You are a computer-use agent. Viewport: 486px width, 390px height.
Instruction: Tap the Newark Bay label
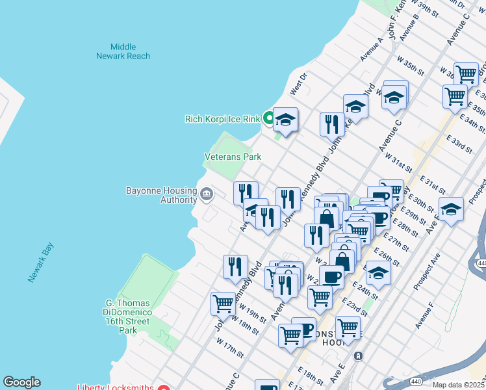(x=41, y=262)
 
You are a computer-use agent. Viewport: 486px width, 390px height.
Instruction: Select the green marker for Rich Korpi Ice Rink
(x=266, y=118)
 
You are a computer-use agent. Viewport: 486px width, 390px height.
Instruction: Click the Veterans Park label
(x=233, y=157)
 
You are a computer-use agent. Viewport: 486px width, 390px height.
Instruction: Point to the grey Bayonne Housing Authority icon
(x=207, y=192)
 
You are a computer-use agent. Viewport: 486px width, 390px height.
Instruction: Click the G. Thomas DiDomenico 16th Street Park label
(x=128, y=317)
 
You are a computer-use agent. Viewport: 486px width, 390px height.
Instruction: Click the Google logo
(x=21, y=382)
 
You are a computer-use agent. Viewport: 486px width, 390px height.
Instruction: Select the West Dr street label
(x=298, y=86)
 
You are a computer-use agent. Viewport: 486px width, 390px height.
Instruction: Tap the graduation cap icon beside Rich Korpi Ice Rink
(x=285, y=120)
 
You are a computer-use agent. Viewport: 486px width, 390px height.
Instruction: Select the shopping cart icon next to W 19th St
(x=223, y=303)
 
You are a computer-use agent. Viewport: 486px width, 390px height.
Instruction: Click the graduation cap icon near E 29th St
(x=451, y=209)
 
